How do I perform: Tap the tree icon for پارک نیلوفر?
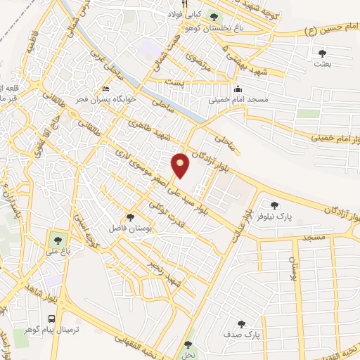pyautogui.click(x=274, y=205)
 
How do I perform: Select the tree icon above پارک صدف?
pyautogui.click(x=241, y=325)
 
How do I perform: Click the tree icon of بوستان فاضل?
pyautogui.click(x=129, y=217)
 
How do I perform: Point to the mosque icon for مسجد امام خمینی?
pyautogui.click(x=238, y=89)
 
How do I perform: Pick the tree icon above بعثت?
pyautogui.click(x=322, y=53)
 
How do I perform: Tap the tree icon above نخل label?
pyautogui.click(x=187, y=345)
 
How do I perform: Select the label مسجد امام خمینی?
pyautogui.click(x=238, y=101)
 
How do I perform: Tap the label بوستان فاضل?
pyautogui.click(x=125, y=229)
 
